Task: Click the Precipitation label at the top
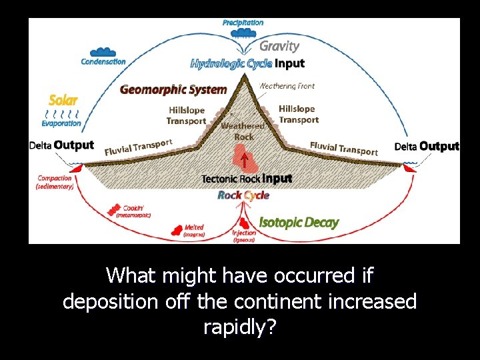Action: [x=243, y=23]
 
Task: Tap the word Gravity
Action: [x=279, y=46]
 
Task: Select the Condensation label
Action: [x=103, y=62]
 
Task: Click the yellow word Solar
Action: [x=63, y=101]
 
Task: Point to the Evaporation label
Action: [x=61, y=123]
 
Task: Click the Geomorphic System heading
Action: [x=173, y=89]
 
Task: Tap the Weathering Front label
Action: [x=287, y=86]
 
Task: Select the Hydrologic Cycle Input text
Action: [x=247, y=64]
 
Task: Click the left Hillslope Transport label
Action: [x=187, y=115]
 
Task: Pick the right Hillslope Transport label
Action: [x=298, y=114]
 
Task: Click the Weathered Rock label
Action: [x=243, y=131]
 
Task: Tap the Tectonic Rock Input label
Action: [x=247, y=179]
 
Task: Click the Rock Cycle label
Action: [x=243, y=195]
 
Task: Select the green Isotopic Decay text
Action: [x=299, y=223]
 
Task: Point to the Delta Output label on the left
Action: [x=61, y=145]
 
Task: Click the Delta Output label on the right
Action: [x=427, y=146]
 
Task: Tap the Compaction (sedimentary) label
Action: [x=55, y=183]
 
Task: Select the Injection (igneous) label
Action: [x=244, y=236]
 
